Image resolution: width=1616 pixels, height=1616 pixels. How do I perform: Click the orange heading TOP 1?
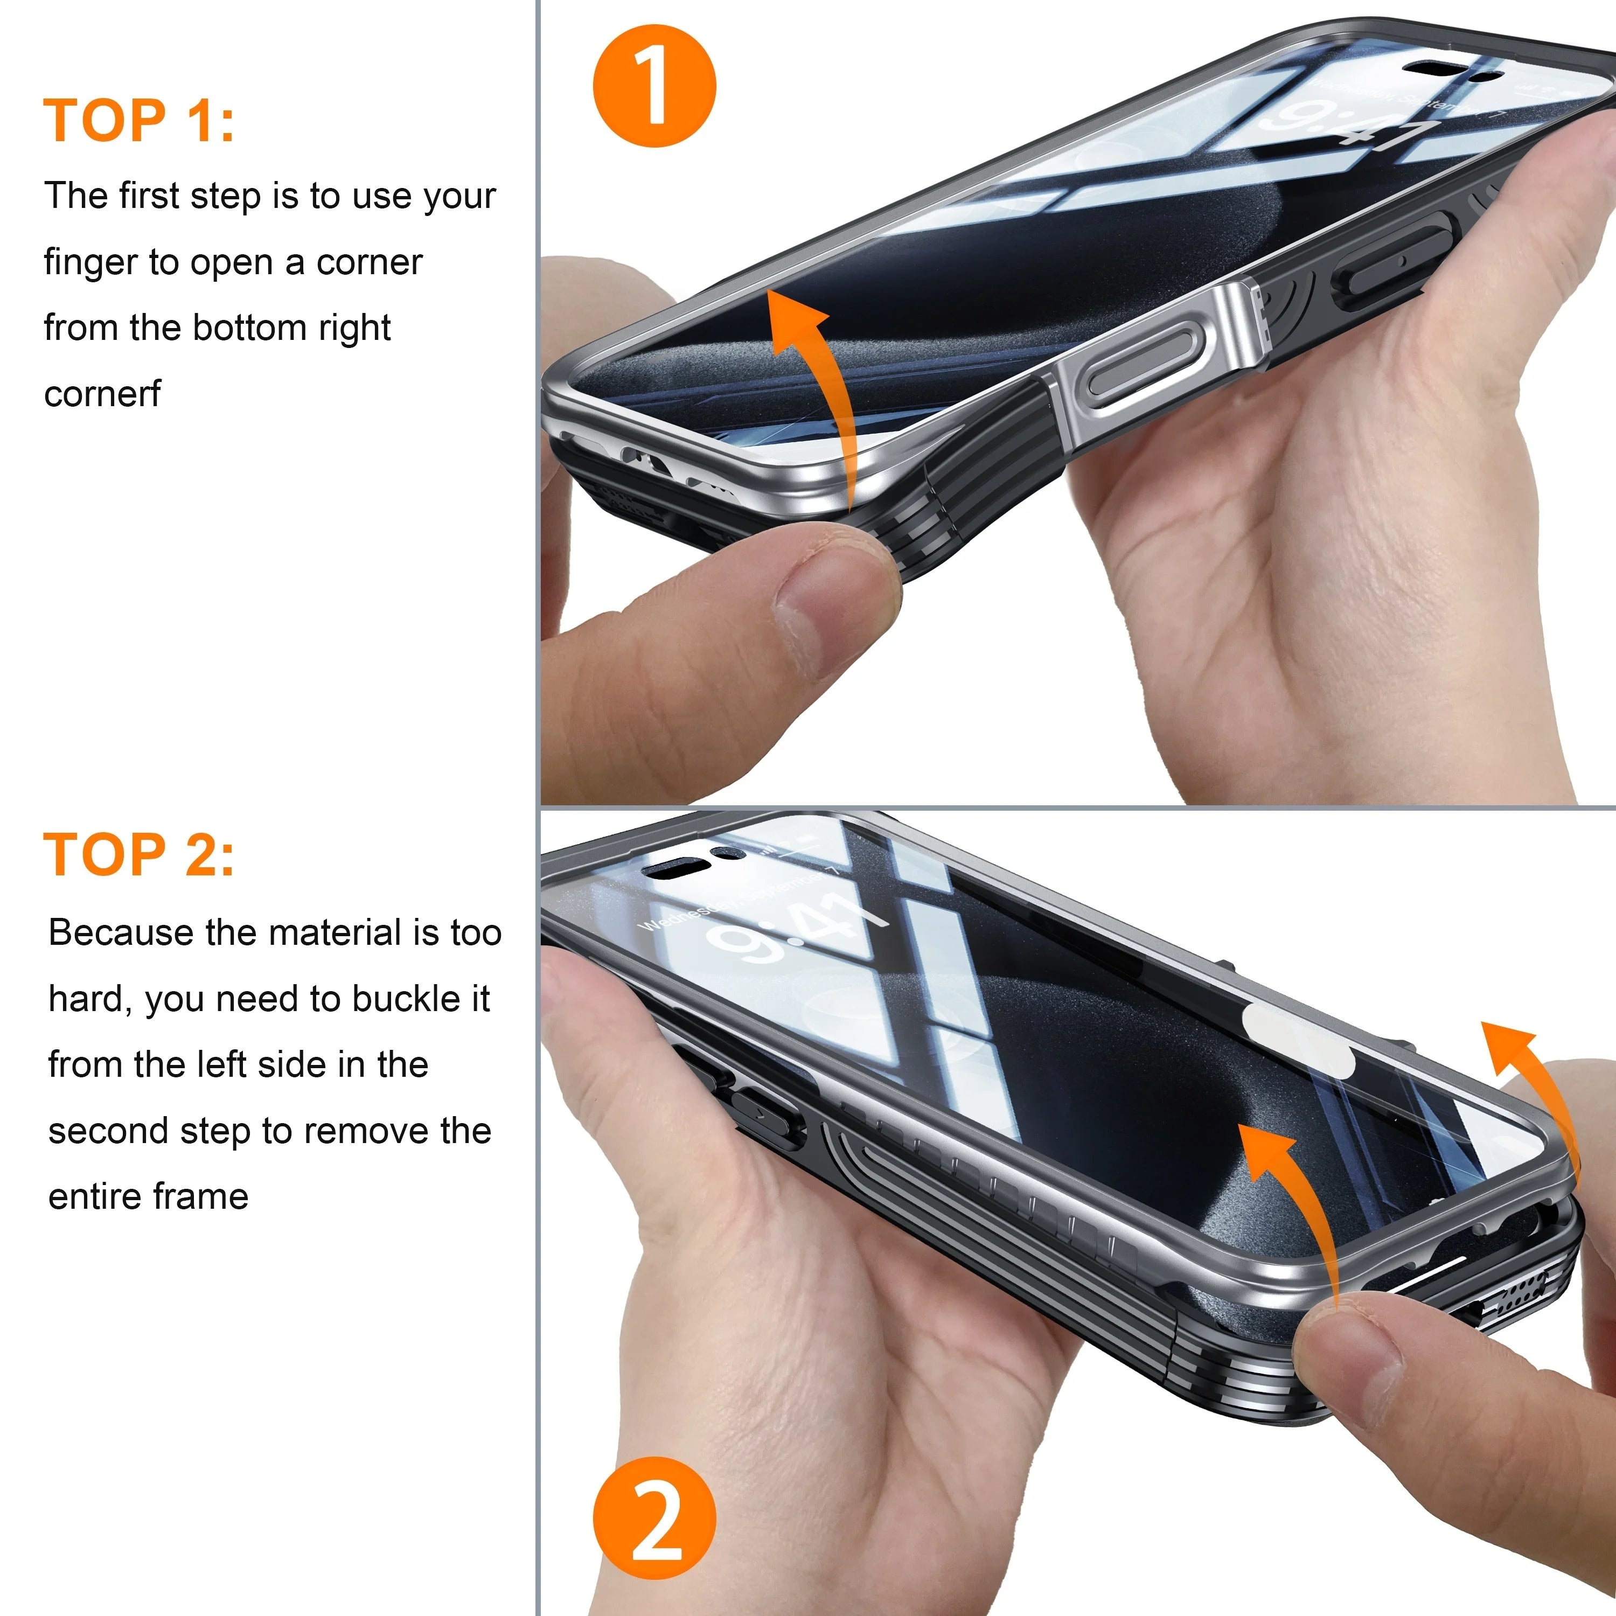coord(139,121)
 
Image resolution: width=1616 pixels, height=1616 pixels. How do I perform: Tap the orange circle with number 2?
coord(654,1518)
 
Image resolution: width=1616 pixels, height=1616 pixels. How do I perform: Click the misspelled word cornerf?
coord(101,394)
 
